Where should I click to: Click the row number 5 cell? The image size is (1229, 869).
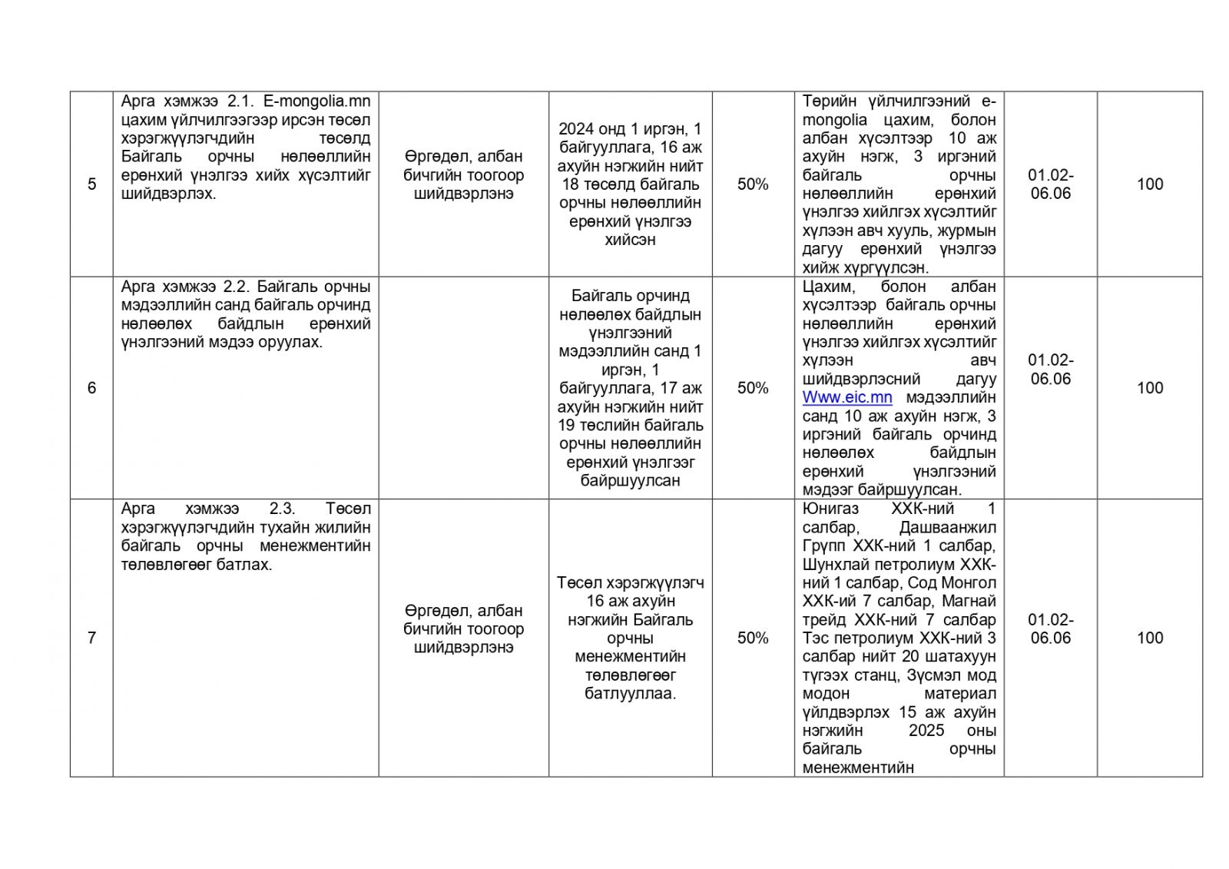[91, 184]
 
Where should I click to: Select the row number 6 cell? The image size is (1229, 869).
[91, 388]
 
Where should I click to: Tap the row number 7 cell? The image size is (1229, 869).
[91, 638]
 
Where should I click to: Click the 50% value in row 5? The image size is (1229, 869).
[753, 184]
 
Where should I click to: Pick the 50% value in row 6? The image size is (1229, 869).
[753, 388]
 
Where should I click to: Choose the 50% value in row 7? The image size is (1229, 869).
[753, 638]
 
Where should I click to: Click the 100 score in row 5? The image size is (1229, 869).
[1149, 184]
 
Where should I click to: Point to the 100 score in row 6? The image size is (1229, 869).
[1149, 388]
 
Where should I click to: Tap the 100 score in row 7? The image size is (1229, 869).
[1149, 638]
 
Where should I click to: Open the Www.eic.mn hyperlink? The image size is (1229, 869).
[847, 397]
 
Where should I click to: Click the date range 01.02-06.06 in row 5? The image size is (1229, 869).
[1050, 184]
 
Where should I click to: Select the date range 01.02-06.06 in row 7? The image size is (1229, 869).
[1050, 629]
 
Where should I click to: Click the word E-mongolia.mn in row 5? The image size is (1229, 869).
[316, 101]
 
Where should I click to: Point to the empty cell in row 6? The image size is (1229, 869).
[463, 388]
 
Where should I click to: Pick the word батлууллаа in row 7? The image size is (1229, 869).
[629, 694]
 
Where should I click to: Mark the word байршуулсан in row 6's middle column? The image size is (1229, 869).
[629, 481]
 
